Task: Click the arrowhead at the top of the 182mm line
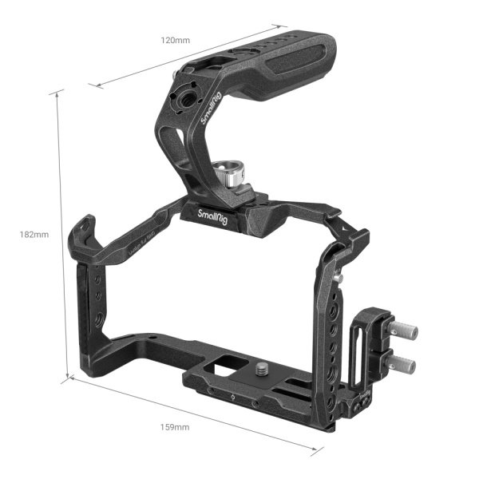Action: [x=57, y=92]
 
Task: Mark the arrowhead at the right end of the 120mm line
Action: [x=275, y=26]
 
